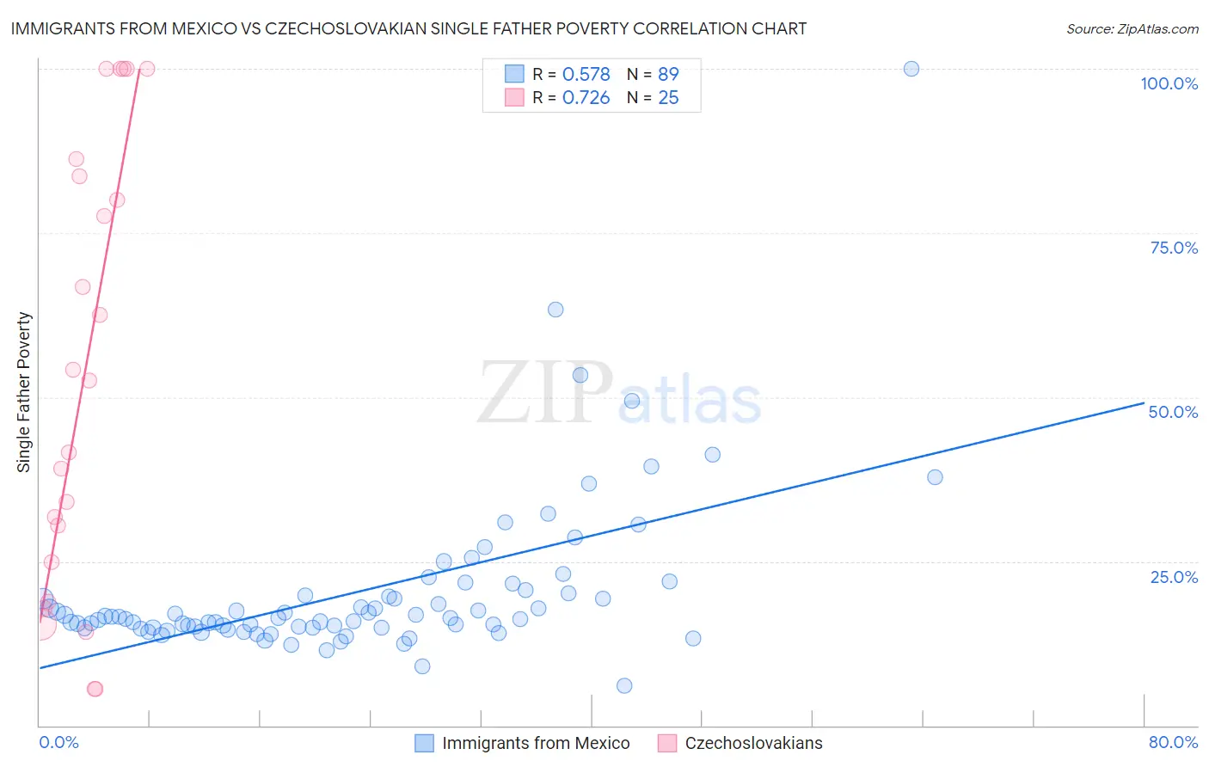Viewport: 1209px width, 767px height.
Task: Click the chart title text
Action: tap(408, 29)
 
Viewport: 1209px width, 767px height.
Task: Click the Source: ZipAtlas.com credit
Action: tap(1132, 29)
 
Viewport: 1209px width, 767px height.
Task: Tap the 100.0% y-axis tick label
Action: tap(1169, 83)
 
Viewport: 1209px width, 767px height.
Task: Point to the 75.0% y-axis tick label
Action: tap(1174, 248)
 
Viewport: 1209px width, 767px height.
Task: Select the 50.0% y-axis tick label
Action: tap(1173, 412)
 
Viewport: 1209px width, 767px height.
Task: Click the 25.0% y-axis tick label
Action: tap(1174, 576)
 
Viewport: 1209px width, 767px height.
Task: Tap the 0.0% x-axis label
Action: tap(58, 742)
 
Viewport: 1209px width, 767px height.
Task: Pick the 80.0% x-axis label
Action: tap(1173, 742)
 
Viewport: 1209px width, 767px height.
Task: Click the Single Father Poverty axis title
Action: tap(24, 392)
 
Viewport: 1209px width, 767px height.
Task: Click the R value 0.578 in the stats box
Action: tap(586, 75)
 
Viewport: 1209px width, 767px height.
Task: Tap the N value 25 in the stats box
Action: tap(668, 98)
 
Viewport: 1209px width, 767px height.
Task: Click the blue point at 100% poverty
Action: tap(911, 69)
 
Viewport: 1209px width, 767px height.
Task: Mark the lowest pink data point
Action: tap(95, 689)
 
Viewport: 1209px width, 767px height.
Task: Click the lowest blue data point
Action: tap(624, 685)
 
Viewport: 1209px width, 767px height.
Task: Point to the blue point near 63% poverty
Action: tap(555, 310)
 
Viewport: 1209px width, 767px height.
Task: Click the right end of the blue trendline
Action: tap(1144, 402)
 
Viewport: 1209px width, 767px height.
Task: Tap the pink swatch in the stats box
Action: tap(514, 97)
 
